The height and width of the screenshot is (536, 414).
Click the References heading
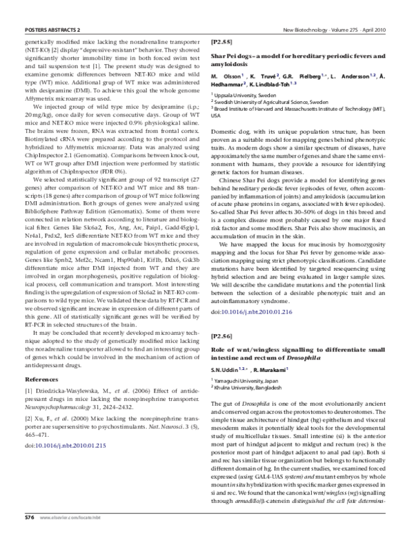[x=41, y=380]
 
